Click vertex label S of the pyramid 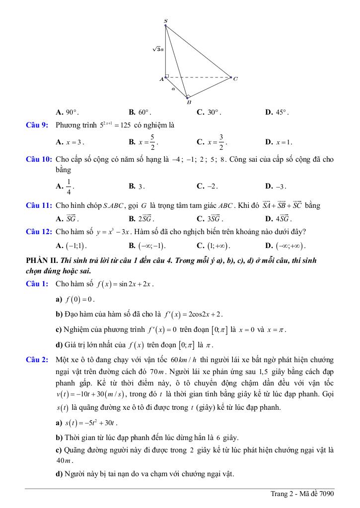point(165,20)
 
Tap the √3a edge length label point(158,49)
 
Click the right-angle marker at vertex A point(167,76)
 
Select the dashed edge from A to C point(199,77)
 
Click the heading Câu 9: point(37,125)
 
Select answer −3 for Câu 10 point(281,187)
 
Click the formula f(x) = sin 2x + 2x point(125,284)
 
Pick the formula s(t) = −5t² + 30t point(91,423)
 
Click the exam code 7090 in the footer point(327,494)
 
